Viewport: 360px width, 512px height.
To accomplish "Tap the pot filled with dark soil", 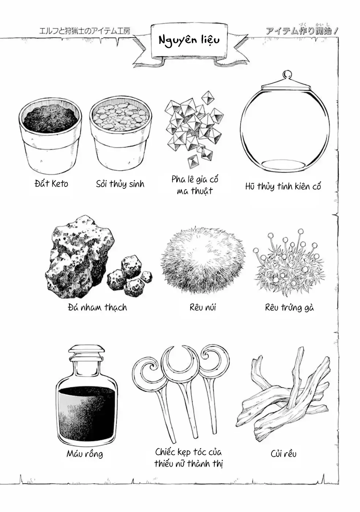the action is (50, 136).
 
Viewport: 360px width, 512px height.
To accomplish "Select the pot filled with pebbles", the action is (120, 133).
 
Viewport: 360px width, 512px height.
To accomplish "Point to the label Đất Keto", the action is (51, 184).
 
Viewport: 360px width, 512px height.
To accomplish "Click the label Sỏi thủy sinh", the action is (120, 184).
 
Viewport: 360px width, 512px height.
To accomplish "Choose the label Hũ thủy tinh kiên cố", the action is (283, 186).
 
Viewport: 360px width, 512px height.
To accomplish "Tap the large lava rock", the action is (80, 256).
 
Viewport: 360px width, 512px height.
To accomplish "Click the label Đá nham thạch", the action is (97, 307).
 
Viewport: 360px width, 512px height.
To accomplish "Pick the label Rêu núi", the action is (203, 307).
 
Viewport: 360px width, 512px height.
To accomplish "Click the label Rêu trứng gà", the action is (289, 308).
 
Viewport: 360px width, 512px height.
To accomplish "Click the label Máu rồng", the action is (85, 454).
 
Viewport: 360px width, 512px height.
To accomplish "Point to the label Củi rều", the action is (284, 454).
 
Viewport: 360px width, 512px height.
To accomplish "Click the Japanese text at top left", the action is (85, 31).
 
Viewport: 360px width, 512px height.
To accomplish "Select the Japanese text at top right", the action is (302, 30).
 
